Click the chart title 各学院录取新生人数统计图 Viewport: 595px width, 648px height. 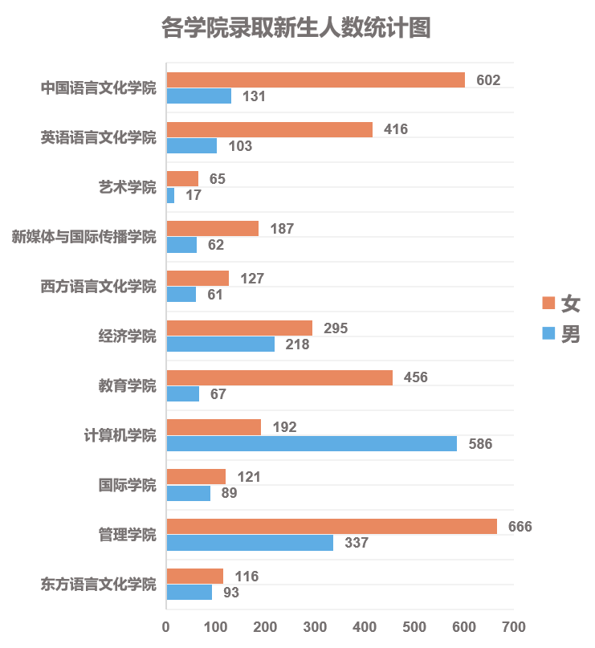(x=296, y=28)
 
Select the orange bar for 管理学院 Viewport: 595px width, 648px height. (x=332, y=527)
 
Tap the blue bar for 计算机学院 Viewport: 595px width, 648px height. (x=312, y=443)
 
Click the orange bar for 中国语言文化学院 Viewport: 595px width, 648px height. (x=316, y=80)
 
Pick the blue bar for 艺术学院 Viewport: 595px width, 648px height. (x=170, y=195)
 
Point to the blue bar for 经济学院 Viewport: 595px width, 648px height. (x=221, y=344)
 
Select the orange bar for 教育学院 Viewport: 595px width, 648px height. (x=279, y=377)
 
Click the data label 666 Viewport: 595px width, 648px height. (x=520, y=527)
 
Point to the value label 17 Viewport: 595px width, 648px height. (x=194, y=195)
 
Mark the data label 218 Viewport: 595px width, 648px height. (x=297, y=344)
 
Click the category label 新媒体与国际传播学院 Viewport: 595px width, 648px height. (x=84, y=237)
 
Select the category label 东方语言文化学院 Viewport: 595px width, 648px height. (x=99, y=584)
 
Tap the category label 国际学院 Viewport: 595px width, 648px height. (x=127, y=485)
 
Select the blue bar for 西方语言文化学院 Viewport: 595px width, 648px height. (x=181, y=295)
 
